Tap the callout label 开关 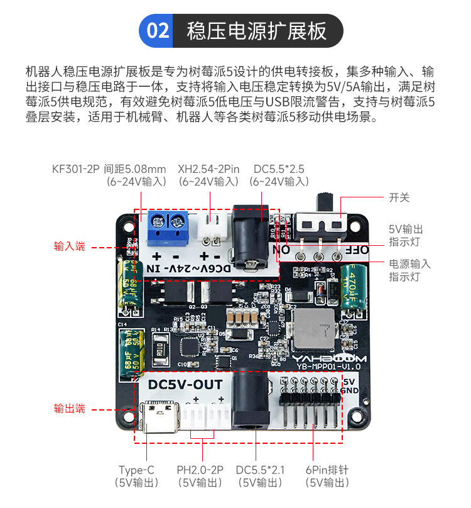click(x=399, y=197)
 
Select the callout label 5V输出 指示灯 click(x=405, y=236)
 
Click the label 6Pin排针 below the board click(x=327, y=470)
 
